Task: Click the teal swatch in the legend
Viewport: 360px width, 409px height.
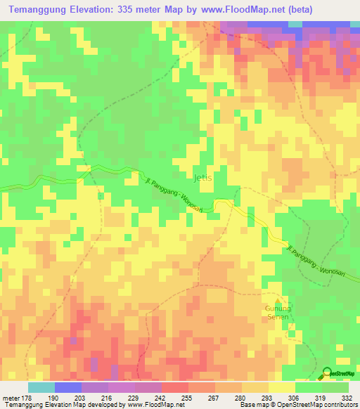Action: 41,387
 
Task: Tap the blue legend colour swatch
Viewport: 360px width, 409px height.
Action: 67,387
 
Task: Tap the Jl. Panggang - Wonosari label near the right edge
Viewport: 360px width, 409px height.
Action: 317,259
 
